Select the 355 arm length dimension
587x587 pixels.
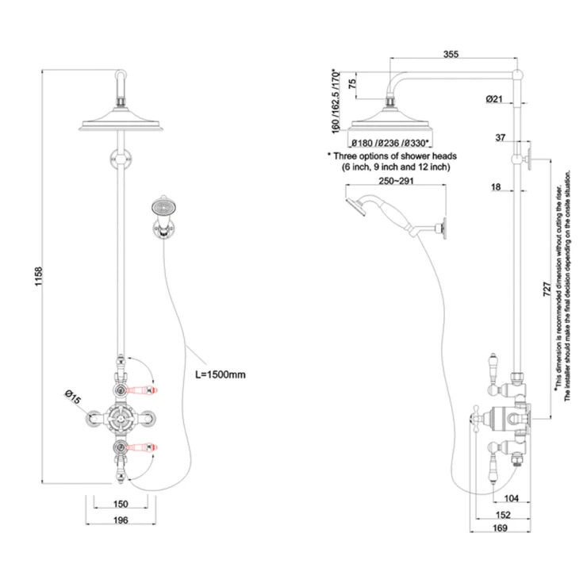tap(452, 55)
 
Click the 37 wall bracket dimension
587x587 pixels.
tap(500, 138)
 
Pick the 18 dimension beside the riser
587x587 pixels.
tap(496, 187)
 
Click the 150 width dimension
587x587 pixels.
tap(121, 505)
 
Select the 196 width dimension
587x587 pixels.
tap(121, 520)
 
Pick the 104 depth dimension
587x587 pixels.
tap(510, 497)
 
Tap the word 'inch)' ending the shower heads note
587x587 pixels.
tap(438, 167)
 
